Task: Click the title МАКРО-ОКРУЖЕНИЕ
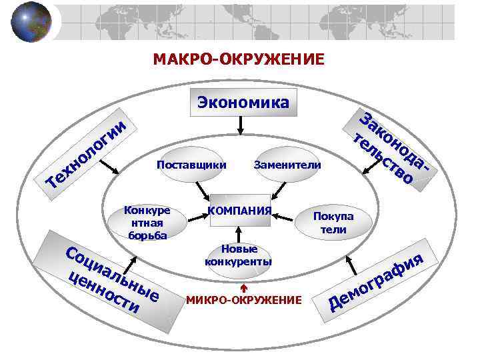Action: (239, 60)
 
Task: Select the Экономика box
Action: (242, 103)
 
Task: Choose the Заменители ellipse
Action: (287, 164)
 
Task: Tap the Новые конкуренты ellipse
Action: (239, 255)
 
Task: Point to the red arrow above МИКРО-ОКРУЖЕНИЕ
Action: (244, 287)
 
